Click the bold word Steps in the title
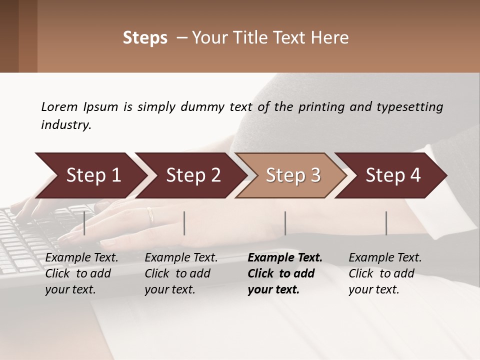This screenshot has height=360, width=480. (145, 38)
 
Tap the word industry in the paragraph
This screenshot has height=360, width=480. (66, 124)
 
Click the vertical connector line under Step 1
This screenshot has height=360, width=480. (84, 223)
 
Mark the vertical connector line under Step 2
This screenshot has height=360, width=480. (184, 223)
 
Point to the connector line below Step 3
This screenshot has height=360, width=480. (285, 223)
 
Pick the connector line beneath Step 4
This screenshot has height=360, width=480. (386, 223)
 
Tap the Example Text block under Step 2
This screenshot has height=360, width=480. (181, 273)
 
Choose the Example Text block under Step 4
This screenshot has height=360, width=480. (385, 273)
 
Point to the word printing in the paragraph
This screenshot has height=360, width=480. (320, 106)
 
